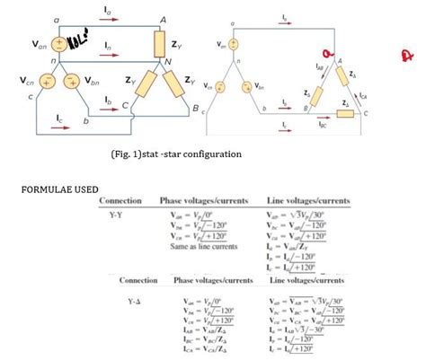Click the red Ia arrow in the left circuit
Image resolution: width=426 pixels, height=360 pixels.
pyautogui.click(x=107, y=20)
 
